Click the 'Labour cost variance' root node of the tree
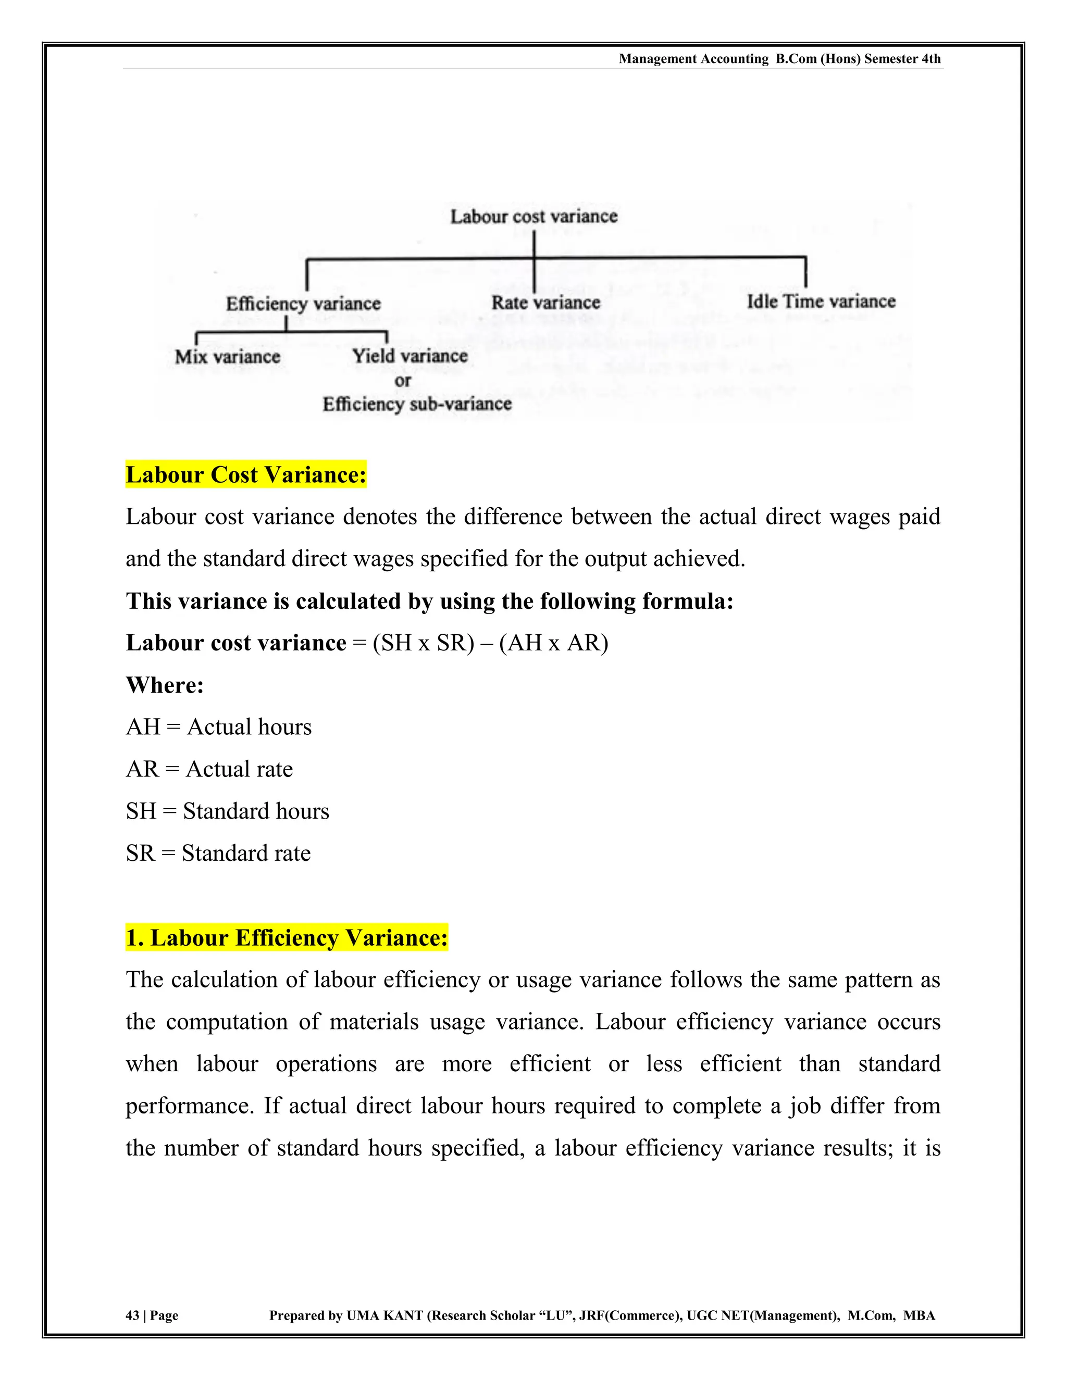[x=533, y=217]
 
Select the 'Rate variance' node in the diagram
[x=545, y=303]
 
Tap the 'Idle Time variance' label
[x=821, y=302]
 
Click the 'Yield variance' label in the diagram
[x=410, y=356]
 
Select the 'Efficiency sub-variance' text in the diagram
[x=417, y=404]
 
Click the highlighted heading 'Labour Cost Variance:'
[x=246, y=474]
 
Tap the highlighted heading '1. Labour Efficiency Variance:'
[x=287, y=938]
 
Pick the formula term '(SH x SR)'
[x=423, y=643]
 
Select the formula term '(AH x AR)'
[x=554, y=643]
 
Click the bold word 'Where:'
[x=165, y=685]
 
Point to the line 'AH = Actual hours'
[x=219, y=727]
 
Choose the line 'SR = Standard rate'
[x=218, y=854]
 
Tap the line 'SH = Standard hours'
[x=228, y=811]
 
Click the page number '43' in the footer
[x=132, y=1315]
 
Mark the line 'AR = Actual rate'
[x=209, y=770]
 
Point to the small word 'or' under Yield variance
[x=403, y=381]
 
